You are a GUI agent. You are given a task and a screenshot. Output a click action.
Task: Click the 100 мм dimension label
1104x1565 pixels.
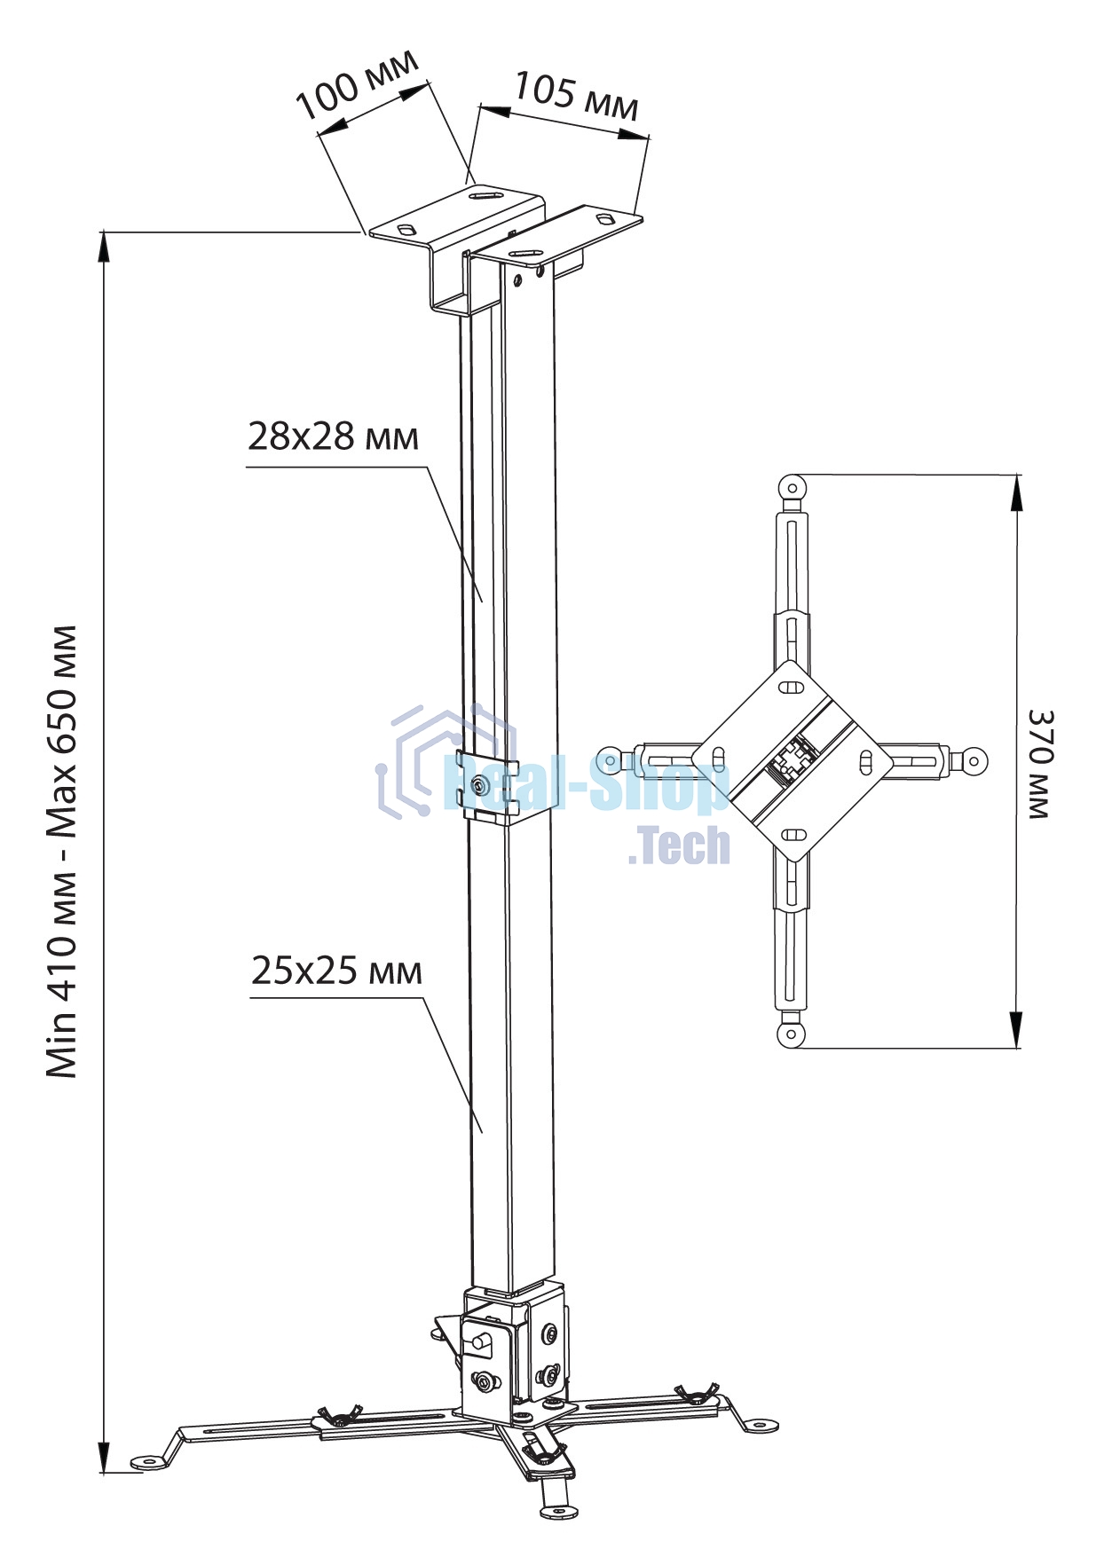pos(356,85)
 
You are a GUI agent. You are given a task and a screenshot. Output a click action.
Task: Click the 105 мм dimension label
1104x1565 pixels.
pos(576,96)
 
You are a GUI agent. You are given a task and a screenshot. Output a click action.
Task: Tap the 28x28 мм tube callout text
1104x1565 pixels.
pos(333,436)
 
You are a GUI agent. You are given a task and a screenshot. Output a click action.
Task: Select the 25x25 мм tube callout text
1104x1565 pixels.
pos(336,971)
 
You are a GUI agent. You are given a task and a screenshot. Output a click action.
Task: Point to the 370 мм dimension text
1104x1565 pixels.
pos(1039,762)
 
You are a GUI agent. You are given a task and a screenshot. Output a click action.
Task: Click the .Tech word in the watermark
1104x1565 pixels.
pos(679,846)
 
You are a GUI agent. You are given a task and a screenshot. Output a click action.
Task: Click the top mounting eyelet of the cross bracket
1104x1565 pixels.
pos(792,486)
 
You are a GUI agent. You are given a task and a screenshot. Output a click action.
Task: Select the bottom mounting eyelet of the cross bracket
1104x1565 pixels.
pos(789,1034)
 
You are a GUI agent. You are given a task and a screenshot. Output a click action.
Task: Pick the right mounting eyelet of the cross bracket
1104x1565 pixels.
pos(974,759)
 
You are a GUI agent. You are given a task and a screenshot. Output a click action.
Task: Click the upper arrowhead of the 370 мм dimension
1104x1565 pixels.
pos(1016,493)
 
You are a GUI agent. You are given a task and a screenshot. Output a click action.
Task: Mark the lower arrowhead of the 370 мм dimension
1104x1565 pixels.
pos(1016,1029)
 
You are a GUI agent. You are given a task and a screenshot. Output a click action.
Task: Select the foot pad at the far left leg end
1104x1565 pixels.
pos(146,1461)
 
